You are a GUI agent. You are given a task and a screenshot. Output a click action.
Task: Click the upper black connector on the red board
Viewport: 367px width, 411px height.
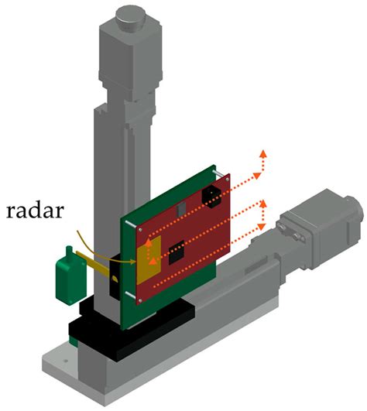tap(212, 195)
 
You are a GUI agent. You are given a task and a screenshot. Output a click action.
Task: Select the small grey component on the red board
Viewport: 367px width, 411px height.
tap(180, 210)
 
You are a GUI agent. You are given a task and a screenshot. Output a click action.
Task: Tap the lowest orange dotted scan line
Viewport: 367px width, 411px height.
tap(209, 267)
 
